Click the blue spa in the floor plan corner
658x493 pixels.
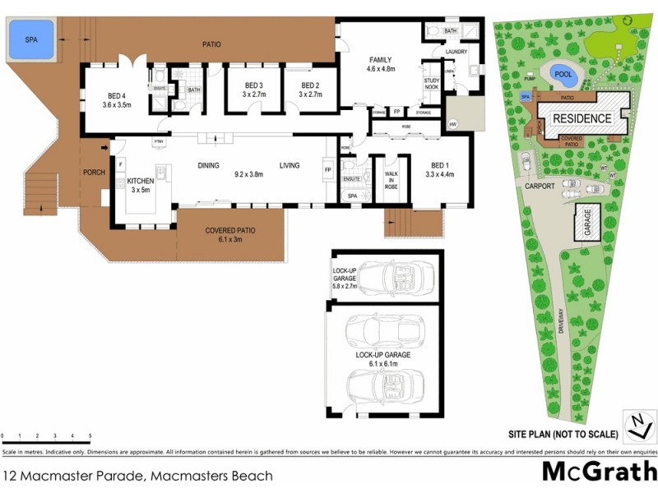[31, 39]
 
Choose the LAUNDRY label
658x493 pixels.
[456, 53]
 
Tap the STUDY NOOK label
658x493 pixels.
[432, 84]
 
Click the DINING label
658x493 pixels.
[208, 165]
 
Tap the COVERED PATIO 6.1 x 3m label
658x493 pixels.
[230, 235]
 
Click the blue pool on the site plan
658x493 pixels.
[563, 74]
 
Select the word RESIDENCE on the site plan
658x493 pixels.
[582, 118]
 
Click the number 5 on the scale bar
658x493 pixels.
[90, 436]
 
